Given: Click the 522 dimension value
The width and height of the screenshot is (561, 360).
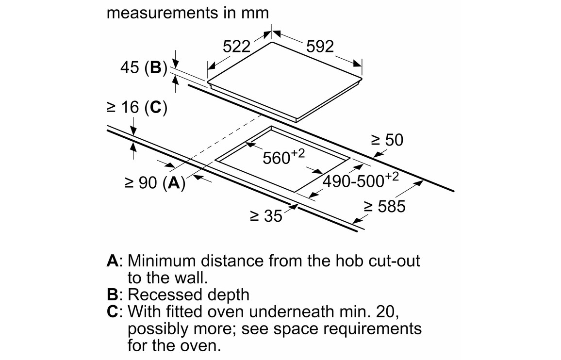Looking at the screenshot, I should coord(236,47).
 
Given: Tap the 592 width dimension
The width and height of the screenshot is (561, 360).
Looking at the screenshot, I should coord(320,47).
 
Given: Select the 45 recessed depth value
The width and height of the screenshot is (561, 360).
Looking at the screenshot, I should coord(130,68).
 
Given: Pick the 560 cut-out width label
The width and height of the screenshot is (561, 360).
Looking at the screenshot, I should coord(278,158).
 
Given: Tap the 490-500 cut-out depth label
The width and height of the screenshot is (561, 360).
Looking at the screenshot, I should coord(354,180).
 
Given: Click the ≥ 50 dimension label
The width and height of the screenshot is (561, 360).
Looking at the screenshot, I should coord(387,141).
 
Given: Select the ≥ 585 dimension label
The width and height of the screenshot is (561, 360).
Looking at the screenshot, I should coord(384,207).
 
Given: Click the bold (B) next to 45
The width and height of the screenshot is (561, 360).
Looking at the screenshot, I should coord(155,68).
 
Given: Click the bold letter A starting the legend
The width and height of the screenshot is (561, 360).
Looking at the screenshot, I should coord(113,261).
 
